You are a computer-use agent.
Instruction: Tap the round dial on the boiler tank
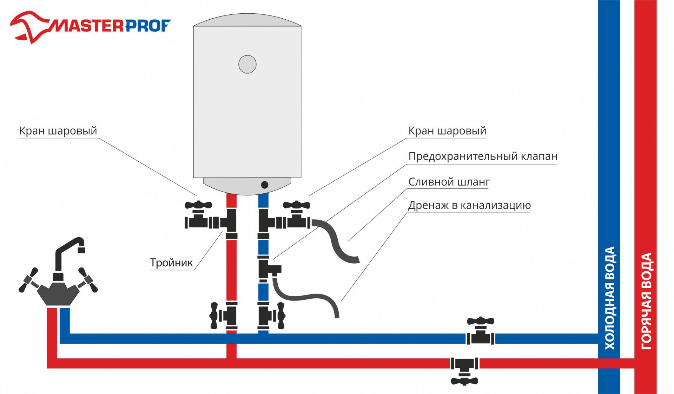247,64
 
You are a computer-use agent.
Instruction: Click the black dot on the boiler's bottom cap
265,185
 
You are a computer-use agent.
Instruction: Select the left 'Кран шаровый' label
58,131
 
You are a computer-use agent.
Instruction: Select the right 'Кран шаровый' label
447,131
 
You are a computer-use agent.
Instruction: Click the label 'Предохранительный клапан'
483,156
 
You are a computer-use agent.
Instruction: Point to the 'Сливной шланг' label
449,182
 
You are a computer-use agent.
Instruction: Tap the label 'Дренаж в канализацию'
469,206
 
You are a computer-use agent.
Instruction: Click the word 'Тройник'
171,263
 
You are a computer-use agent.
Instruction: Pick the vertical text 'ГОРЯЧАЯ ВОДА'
646,301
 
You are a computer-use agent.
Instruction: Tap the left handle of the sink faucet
28,280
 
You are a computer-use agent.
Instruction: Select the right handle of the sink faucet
88,280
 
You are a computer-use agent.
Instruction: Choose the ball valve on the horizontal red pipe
464,369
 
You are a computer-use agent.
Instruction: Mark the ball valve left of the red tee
199,216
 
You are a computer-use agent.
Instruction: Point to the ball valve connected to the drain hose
297,216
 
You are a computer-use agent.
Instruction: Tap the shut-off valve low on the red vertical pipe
223,315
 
